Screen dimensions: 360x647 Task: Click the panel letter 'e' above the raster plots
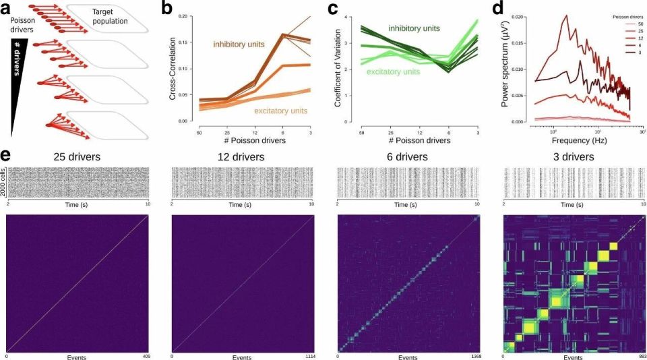pyautogui.click(x=5, y=156)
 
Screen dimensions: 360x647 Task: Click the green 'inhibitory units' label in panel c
pyautogui.click(x=413, y=28)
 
